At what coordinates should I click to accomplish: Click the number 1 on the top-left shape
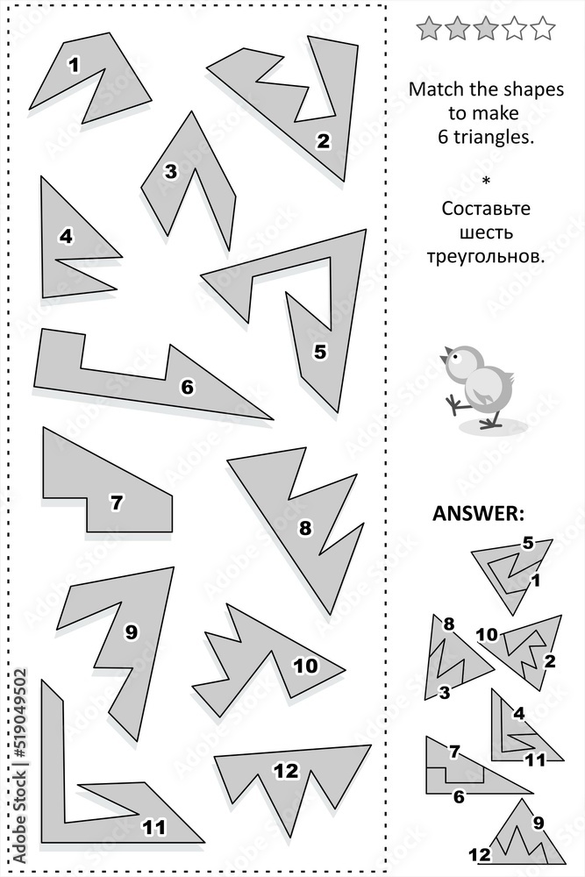tap(74, 63)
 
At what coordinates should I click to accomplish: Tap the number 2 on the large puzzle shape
tap(324, 139)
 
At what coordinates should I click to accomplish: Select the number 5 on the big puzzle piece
tap(319, 352)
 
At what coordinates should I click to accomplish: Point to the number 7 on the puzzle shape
tap(117, 503)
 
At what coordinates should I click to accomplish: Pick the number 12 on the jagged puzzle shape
tap(286, 771)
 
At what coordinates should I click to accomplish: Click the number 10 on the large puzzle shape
tap(304, 666)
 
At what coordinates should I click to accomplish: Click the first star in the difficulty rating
tap(429, 29)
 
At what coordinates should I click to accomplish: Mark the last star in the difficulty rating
tap(543, 29)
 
